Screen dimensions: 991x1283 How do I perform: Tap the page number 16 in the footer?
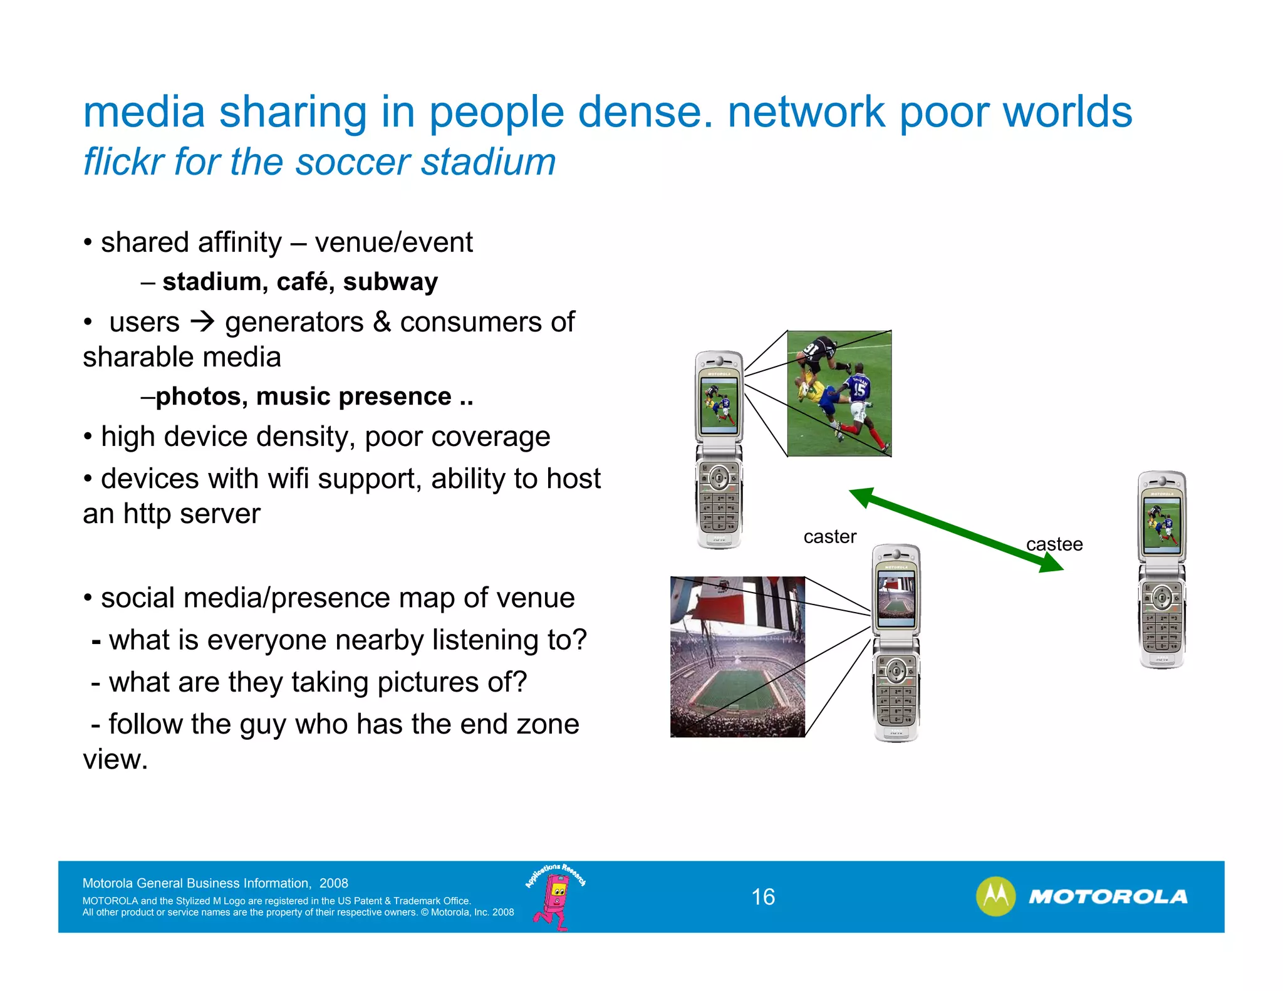click(x=763, y=897)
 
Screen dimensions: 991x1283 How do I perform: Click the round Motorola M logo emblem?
click(x=995, y=896)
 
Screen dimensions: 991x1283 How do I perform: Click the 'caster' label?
click(x=829, y=537)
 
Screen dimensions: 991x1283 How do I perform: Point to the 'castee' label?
click(x=1054, y=544)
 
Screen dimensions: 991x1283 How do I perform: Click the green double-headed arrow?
click(x=956, y=530)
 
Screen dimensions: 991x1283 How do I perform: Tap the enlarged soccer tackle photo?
click(x=839, y=393)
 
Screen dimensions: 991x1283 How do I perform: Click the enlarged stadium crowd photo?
click(x=737, y=656)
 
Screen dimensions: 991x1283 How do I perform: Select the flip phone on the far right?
click(x=1162, y=570)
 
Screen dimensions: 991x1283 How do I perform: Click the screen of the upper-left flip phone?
click(x=719, y=405)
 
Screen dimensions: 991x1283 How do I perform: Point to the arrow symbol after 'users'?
click(x=202, y=322)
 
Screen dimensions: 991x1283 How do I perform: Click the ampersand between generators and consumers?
click(x=382, y=322)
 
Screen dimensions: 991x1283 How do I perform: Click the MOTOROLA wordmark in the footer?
click(x=1108, y=897)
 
